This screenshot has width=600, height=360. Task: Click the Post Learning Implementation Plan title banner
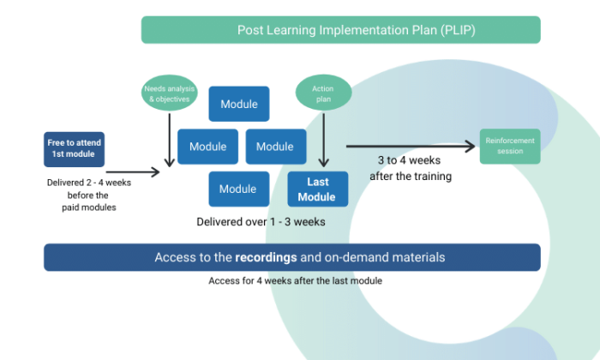tap(340, 30)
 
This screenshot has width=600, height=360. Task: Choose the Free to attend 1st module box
tap(75, 147)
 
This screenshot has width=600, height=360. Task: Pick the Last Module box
tap(317, 189)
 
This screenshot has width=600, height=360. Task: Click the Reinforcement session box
tap(510, 146)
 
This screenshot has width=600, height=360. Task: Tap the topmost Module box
tap(239, 105)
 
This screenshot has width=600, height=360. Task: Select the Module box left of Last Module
tap(239, 189)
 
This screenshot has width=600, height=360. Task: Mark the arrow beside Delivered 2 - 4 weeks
tap(133, 172)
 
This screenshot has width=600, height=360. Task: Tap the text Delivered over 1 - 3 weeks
tap(261, 221)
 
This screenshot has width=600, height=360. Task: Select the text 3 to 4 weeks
tap(410, 161)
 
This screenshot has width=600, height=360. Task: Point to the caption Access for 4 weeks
tap(295, 281)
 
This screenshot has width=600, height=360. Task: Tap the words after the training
tap(410, 177)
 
